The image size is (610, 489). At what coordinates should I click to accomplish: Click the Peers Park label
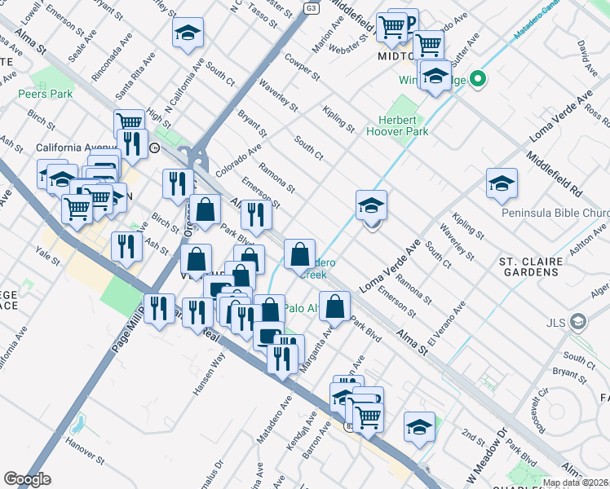coord(46,94)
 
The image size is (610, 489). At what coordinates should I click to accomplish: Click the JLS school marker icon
coord(578,322)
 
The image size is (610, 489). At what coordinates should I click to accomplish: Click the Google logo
coord(27,478)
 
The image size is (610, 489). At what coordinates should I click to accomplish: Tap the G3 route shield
coord(311,7)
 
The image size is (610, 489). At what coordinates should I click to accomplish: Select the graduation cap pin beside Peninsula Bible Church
coord(502,184)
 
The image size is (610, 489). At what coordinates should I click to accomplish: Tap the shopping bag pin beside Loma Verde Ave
coord(334,306)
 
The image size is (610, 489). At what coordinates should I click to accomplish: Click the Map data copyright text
coord(574,482)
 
